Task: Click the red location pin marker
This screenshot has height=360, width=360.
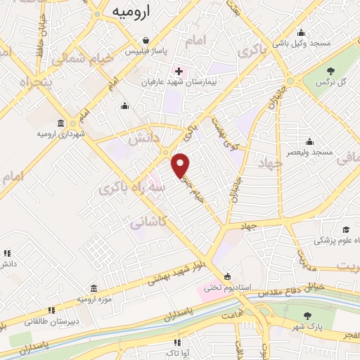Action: [x=181, y=165]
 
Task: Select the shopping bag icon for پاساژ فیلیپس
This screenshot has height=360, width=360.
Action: [x=145, y=41]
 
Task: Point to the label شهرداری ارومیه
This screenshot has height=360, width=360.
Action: [x=62, y=133]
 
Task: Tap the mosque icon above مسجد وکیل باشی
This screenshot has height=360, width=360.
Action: [x=301, y=32]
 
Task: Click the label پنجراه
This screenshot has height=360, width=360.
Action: [x=17, y=83]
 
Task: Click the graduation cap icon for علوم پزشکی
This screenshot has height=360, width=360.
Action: [x=346, y=230]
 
